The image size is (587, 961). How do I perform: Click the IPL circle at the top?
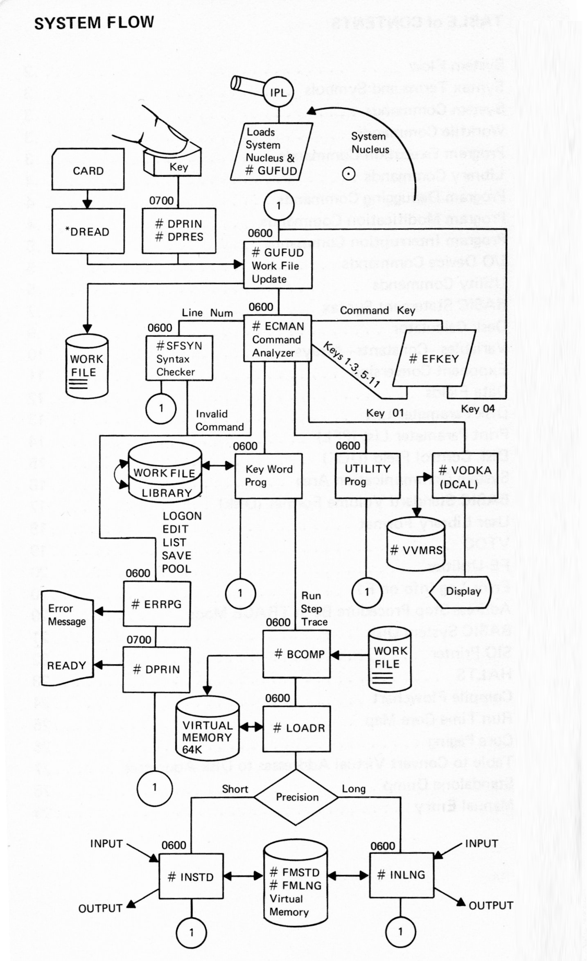coord(279,92)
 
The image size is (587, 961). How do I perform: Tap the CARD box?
coord(88,170)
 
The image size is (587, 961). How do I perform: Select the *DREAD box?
coord(88,232)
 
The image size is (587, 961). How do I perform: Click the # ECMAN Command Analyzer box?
coord(278,339)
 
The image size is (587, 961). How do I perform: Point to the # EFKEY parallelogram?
coord(434,359)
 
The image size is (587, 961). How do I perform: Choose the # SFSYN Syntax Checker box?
coord(179,359)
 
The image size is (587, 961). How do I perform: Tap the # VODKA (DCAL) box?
coord(465,476)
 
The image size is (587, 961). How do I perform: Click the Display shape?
coord(463,591)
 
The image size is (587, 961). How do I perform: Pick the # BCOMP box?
coord(296,654)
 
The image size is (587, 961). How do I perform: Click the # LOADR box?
coord(296,728)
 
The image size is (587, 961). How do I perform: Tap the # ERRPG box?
coord(157,604)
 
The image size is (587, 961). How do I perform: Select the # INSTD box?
coord(191,877)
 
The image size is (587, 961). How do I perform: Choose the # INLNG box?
coord(401,875)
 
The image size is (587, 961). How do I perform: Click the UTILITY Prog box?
coord(367,475)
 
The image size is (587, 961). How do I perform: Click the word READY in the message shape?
coord(66,665)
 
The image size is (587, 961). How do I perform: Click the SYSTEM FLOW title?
coord(94,23)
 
